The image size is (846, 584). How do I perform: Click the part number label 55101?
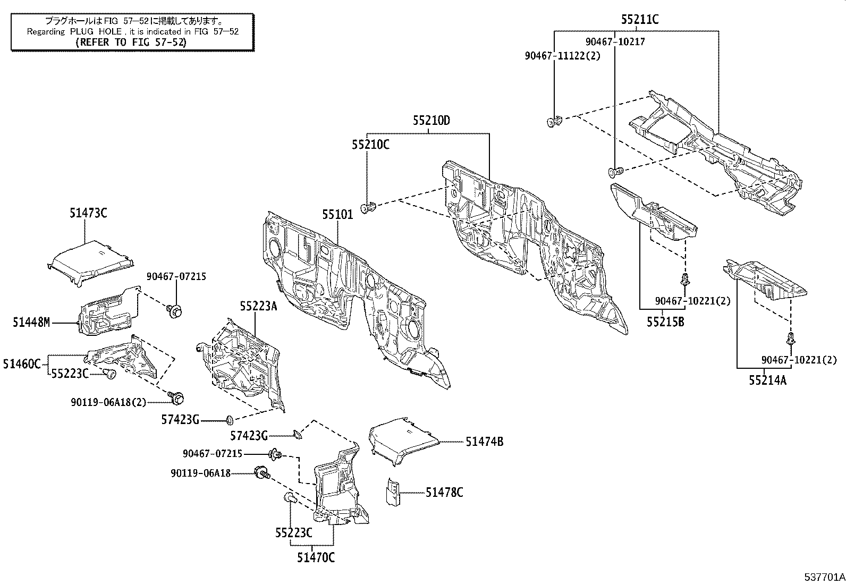click(337, 215)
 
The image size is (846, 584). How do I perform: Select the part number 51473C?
click(88, 213)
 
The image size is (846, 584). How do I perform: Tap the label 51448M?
click(31, 322)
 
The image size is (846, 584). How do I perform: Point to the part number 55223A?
click(258, 306)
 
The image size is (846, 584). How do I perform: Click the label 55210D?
click(431, 121)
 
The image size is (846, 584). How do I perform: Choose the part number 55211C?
click(640, 20)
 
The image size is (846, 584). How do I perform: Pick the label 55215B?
click(665, 321)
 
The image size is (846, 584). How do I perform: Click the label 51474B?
click(485, 441)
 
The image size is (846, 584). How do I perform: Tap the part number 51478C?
click(444, 493)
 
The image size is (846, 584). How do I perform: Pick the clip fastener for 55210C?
click(368, 207)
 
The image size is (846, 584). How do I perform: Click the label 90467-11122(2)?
click(562, 55)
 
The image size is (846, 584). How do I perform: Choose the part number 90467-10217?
click(615, 41)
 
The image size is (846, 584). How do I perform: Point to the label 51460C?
click(21, 364)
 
